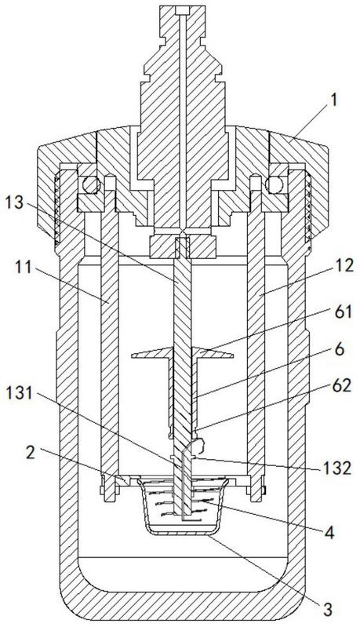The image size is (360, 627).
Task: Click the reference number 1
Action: click(x=333, y=101)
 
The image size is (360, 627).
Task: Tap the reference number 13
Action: click(x=14, y=203)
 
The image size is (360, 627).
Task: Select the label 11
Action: click(x=23, y=267)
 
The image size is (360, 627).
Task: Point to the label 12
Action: click(x=344, y=264)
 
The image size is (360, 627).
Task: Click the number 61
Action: click(x=343, y=312)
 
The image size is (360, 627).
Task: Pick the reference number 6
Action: click(x=340, y=348)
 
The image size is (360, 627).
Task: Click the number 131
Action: click(x=20, y=393)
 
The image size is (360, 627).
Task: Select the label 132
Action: click(x=337, y=468)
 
